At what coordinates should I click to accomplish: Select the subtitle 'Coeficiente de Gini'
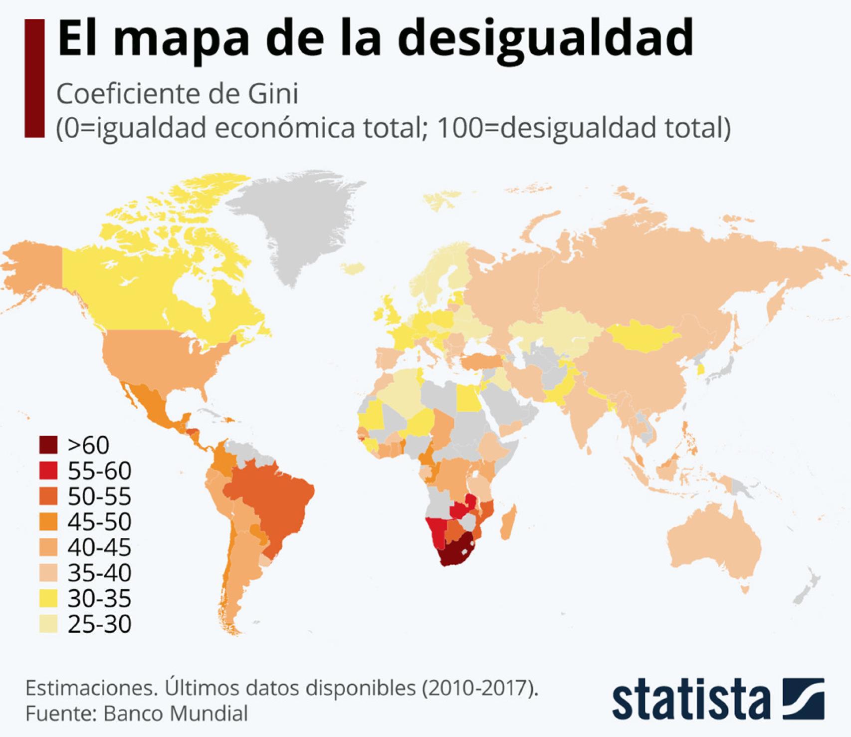177,94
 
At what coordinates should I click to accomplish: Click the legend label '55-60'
99,471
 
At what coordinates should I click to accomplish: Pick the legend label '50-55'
99,496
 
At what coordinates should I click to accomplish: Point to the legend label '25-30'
99,624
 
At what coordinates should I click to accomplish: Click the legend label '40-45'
99,547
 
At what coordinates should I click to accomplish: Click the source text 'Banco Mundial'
176,714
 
